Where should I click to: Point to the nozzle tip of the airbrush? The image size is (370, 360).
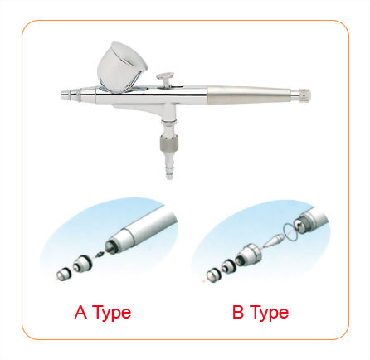(x=64, y=96)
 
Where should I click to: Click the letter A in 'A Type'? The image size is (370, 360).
(x=80, y=313)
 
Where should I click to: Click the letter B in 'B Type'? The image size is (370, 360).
(x=237, y=313)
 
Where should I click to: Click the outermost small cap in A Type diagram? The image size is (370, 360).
(x=62, y=271)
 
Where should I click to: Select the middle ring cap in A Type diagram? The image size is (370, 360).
(x=81, y=265)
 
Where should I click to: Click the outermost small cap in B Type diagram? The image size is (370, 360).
(x=211, y=273)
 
